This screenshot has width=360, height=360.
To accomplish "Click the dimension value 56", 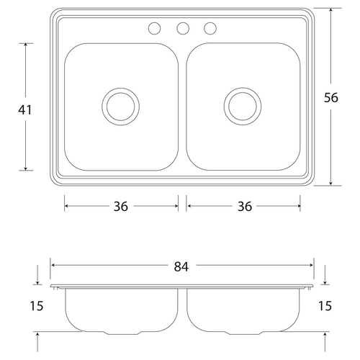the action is coord(331,98).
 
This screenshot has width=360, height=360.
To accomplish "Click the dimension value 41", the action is coord(25,110).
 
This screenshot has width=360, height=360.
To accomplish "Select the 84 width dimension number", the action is coord(181,266).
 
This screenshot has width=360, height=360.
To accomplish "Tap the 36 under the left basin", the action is coord(121,207).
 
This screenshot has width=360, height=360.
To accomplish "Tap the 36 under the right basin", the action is coord(245,207).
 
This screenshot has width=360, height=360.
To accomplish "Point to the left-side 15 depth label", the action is coord(37,306).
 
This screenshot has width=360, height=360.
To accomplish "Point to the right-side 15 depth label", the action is coord(325,306).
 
